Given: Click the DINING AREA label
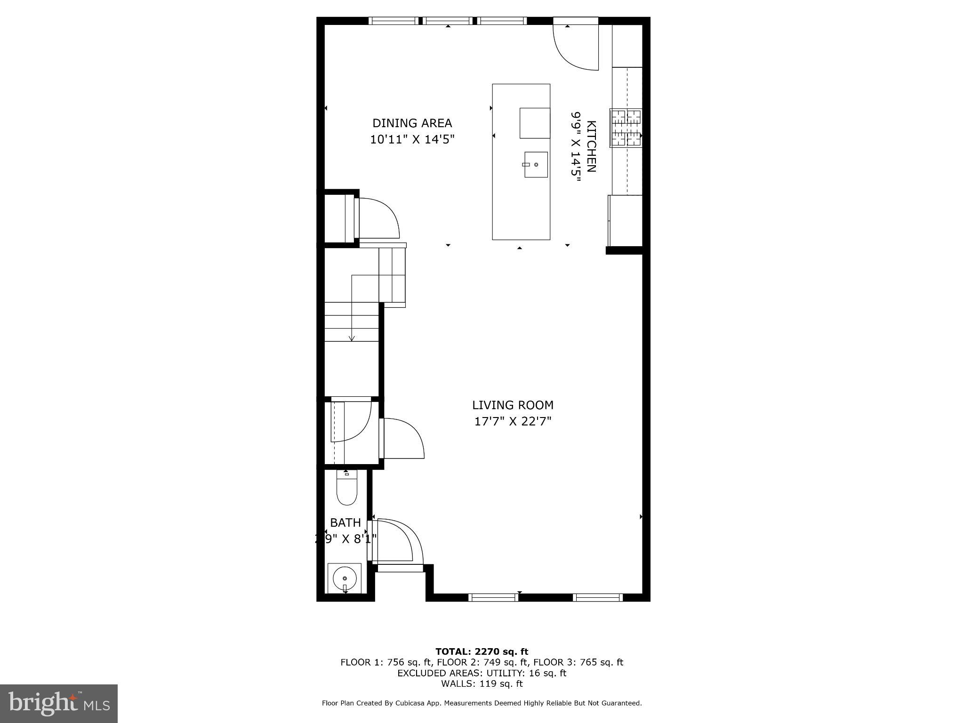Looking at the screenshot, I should point(412,123).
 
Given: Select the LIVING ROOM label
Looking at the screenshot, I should point(513,405).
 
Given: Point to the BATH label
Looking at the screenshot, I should point(345,522).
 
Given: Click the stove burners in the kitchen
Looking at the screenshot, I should point(626,128).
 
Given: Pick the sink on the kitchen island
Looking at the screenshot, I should point(536,164).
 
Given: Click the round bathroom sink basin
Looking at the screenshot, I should point(345,578).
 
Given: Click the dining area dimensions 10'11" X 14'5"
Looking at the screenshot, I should point(412,140).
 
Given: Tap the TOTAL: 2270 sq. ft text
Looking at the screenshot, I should point(482,651).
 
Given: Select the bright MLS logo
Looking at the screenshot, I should point(59,703).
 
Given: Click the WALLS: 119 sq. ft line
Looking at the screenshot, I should point(482,683).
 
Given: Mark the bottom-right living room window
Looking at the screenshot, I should point(598,598).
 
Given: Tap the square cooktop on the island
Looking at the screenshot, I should point(535,123).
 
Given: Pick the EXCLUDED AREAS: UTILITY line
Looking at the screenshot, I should point(482,673).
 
